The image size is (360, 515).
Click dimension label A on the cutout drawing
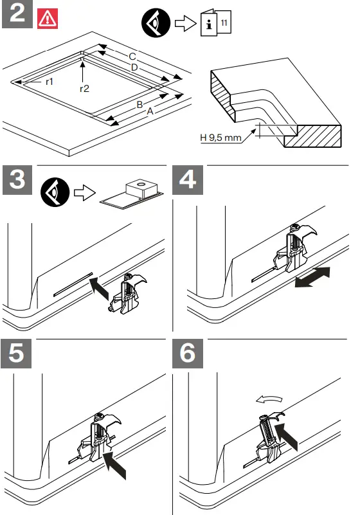150,112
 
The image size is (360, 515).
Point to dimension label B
139,104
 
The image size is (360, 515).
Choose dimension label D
134,67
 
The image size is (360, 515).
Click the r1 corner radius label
49,82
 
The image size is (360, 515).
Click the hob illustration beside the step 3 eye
134,195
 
